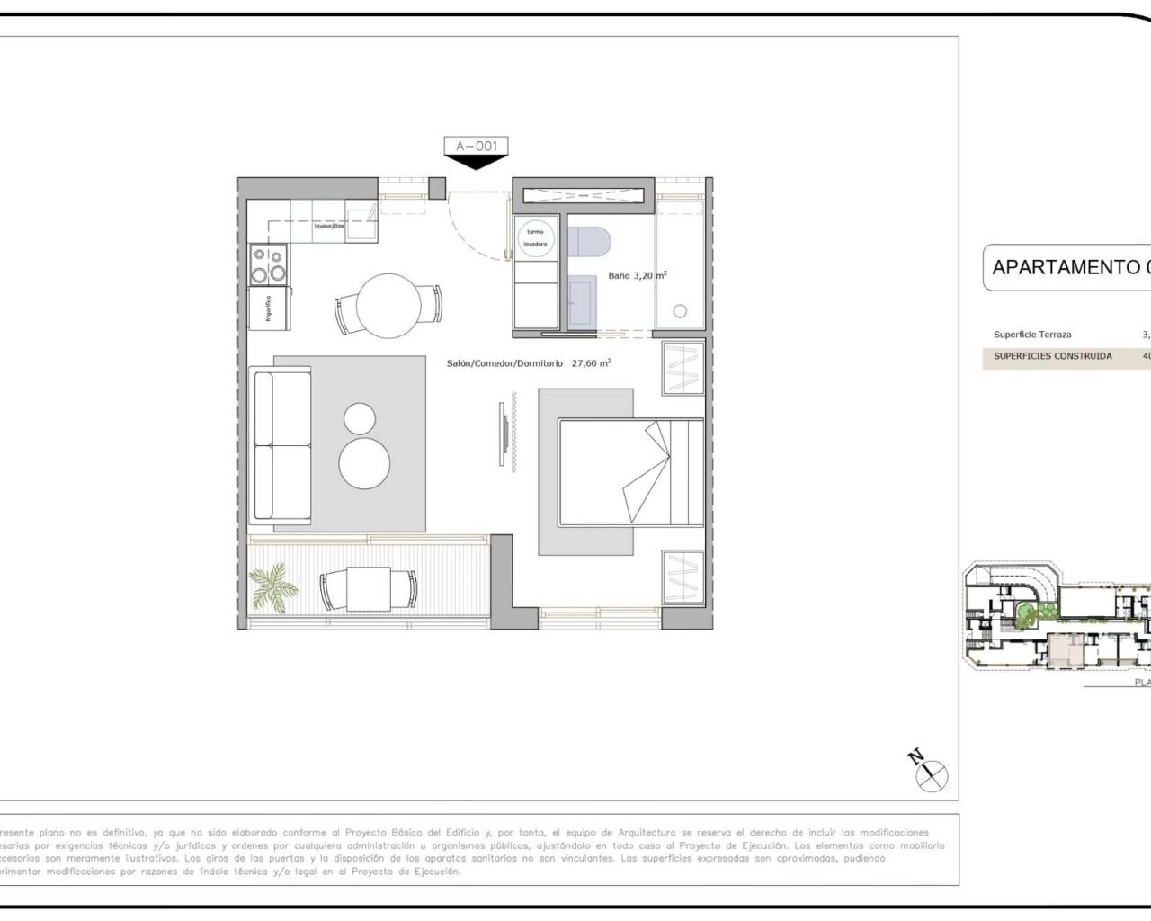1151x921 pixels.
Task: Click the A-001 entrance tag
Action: (477, 146)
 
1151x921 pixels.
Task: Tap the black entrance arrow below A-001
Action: (477, 162)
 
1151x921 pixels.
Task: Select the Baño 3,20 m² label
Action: (637, 276)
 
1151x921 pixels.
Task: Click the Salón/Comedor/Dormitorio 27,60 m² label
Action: (529, 363)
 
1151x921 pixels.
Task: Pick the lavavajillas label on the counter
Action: (328, 227)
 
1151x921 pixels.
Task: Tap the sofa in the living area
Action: (282, 444)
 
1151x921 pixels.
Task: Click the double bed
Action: (630, 472)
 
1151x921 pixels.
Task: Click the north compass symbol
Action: (930, 772)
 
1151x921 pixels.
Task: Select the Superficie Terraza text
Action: (1032, 335)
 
